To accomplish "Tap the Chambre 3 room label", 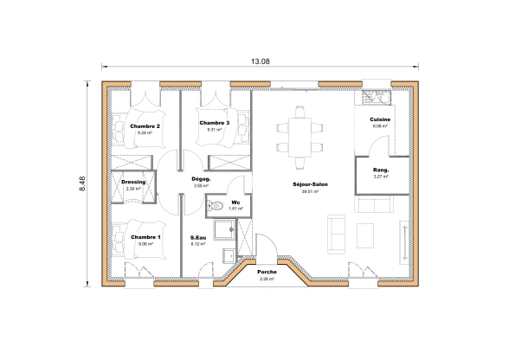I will click(214, 123).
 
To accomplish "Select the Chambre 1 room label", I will click(145, 236).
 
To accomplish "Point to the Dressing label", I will click(133, 182).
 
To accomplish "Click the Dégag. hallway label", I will click(201, 179).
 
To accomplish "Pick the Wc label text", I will click(235, 202).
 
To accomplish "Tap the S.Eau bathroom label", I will click(199, 237).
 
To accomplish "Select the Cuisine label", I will click(380, 119).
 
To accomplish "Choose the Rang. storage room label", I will click(380, 170).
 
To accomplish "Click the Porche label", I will click(267, 272).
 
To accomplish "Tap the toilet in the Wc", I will click(216, 206).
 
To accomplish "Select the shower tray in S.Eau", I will click(223, 229).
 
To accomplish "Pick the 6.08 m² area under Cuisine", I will click(380, 126).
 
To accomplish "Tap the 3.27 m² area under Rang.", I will click(380, 177).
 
